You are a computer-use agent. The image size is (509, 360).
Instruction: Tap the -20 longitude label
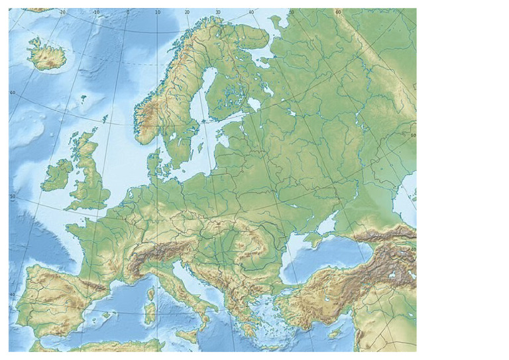62,12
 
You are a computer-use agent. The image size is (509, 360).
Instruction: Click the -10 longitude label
97,12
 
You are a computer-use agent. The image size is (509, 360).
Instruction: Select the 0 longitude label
127,12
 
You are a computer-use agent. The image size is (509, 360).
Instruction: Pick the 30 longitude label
218,12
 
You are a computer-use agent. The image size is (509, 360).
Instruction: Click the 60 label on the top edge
338,12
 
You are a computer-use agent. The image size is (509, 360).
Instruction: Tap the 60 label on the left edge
13,93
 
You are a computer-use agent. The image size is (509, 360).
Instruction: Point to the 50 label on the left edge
13,197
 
